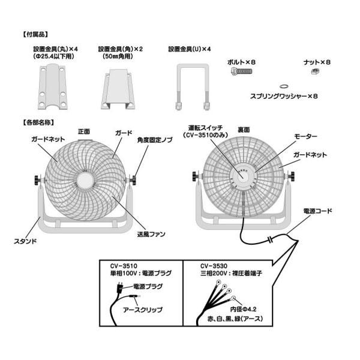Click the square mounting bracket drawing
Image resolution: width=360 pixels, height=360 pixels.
click(121, 90)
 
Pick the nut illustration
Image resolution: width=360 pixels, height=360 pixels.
click(314, 72)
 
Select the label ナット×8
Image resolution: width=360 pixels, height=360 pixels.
click(317, 62)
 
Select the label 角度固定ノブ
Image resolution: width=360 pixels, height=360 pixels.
click(155, 140)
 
